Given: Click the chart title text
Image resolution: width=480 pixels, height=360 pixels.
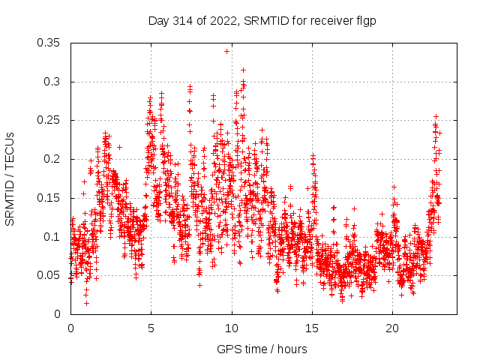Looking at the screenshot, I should (x=262, y=21).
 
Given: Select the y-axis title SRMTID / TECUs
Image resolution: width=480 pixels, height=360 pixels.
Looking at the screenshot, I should (x=10, y=178).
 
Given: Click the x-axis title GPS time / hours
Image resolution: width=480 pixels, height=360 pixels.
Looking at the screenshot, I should (x=262, y=349).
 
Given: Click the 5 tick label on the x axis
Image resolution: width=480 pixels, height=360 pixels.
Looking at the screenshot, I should (x=151, y=328).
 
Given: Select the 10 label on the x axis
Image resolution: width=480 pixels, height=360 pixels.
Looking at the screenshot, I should (x=232, y=328).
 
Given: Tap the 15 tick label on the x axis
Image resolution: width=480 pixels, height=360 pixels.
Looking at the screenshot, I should (x=312, y=328).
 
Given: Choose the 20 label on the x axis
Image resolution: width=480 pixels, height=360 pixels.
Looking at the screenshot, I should (x=392, y=328).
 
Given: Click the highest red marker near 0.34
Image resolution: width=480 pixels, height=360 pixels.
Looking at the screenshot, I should (x=226, y=51).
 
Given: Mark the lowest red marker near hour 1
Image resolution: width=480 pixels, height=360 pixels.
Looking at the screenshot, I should (x=86, y=303).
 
